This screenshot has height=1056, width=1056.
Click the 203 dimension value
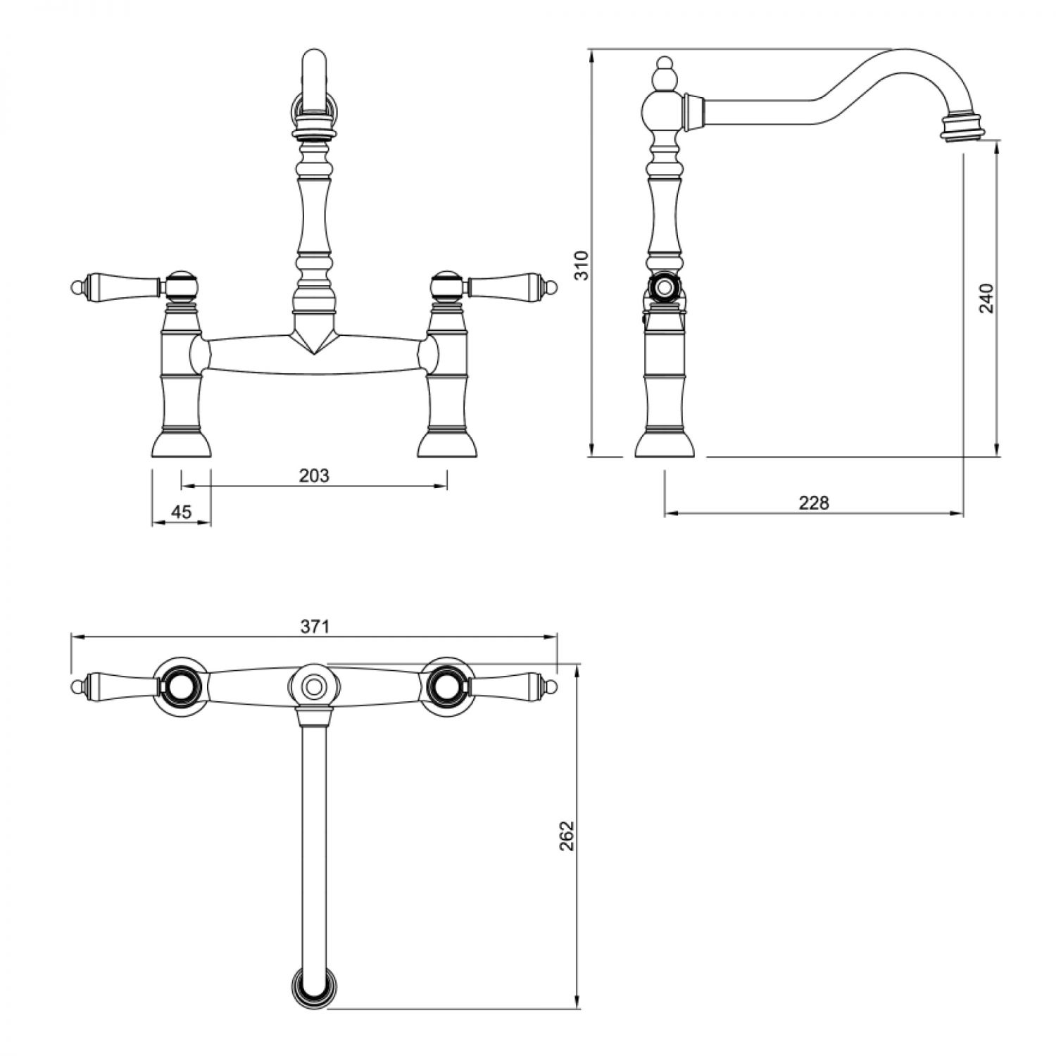click(314, 475)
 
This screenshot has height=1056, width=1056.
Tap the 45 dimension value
click(182, 512)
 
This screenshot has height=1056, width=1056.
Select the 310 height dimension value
click(582, 265)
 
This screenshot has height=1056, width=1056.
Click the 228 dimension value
click(814, 503)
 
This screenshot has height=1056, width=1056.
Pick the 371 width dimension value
click(315, 627)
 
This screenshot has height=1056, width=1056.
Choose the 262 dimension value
click(567, 836)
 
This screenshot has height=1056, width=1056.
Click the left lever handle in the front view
click(117, 286)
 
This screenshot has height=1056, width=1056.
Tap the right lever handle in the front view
click(513, 286)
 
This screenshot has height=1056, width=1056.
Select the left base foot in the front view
click(181, 444)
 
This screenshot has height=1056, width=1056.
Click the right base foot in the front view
click(447, 444)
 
